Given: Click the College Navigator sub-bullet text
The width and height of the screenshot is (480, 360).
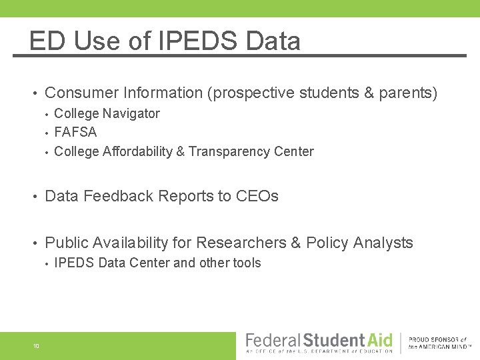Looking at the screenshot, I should pyautogui.click(x=107, y=113).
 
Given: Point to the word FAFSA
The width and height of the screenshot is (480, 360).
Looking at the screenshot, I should pyautogui.click(x=75, y=132).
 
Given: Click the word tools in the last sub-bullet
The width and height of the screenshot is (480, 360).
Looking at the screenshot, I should pyautogui.click(x=247, y=263).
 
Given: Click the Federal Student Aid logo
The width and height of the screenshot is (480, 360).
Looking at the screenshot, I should pyautogui.click(x=319, y=343).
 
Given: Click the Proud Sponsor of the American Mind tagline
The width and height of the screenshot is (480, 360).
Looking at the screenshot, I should pyautogui.click(x=439, y=343).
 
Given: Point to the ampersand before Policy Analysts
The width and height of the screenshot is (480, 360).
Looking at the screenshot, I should pyautogui.click(x=296, y=243).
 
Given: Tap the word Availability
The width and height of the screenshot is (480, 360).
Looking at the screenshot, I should pyautogui.click(x=144, y=243).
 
